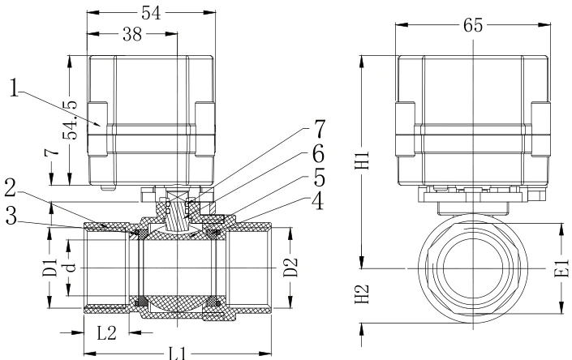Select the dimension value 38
131,35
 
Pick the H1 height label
363,162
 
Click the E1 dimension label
561,268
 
